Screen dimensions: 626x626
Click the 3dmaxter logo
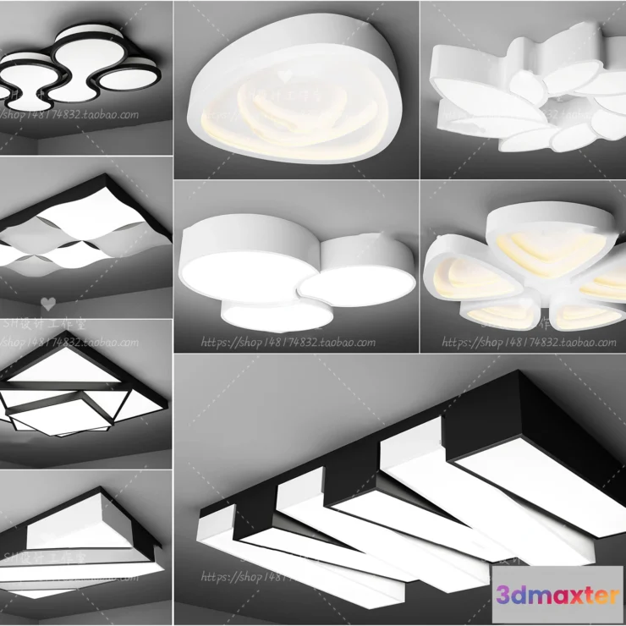pos(557,595)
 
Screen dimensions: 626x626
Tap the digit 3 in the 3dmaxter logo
pos(503,595)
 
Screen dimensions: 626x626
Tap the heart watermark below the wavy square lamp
pos(48,302)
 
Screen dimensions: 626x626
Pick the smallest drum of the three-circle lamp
pos(276,313)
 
